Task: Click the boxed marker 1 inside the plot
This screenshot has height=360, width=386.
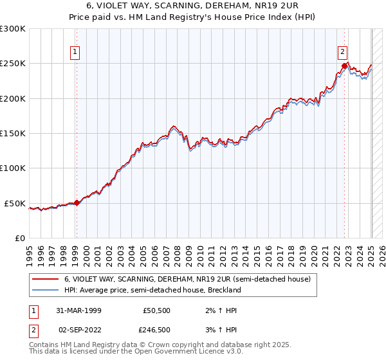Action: tap(75, 53)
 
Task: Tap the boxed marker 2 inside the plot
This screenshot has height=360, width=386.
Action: tap(342, 53)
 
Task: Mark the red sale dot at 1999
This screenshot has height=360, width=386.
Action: tap(77, 203)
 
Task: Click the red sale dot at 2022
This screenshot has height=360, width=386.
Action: tap(345, 66)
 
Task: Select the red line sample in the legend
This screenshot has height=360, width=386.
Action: tap(46, 279)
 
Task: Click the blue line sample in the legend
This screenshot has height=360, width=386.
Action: tap(46, 290)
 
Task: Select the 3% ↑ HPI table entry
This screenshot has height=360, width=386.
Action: tap(220, 330)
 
